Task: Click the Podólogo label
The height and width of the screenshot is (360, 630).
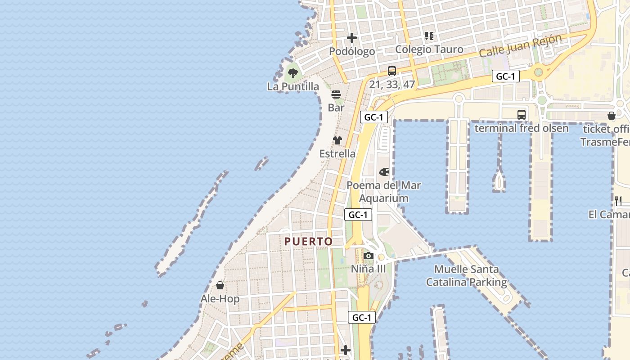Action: (352, 51)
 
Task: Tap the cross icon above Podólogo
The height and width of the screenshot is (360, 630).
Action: (352, 38)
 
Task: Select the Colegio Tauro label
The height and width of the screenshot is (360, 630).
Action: (429, 49)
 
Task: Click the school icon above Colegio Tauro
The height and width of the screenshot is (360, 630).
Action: (429, 36)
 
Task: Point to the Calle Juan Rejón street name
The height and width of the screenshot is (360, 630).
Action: (520, 45)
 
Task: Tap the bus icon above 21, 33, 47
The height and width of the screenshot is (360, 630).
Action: (392, 71)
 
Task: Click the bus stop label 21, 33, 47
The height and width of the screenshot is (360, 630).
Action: (392, 84)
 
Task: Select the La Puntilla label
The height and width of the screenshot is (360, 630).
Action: (293, 86)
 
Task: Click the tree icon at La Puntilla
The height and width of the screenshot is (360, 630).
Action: (293, 73)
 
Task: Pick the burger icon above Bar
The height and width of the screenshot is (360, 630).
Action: (336, 94)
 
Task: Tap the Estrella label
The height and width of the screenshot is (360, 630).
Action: (337, 153)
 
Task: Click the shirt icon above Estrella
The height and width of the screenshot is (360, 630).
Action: (337, 140)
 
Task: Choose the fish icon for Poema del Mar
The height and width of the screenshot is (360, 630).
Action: (384, 172)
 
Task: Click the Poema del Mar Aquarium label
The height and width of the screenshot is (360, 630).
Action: (384, 192)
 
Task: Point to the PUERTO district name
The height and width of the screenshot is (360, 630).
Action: (309, 242)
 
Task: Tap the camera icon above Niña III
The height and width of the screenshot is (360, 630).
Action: (369, 256)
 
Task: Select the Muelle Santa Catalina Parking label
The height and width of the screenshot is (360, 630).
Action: (467, 276)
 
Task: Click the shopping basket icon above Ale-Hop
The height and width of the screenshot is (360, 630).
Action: (220, 285)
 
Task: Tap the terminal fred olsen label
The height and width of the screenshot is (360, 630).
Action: (522, 128)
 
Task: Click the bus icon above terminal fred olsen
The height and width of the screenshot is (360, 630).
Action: (522, 115)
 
